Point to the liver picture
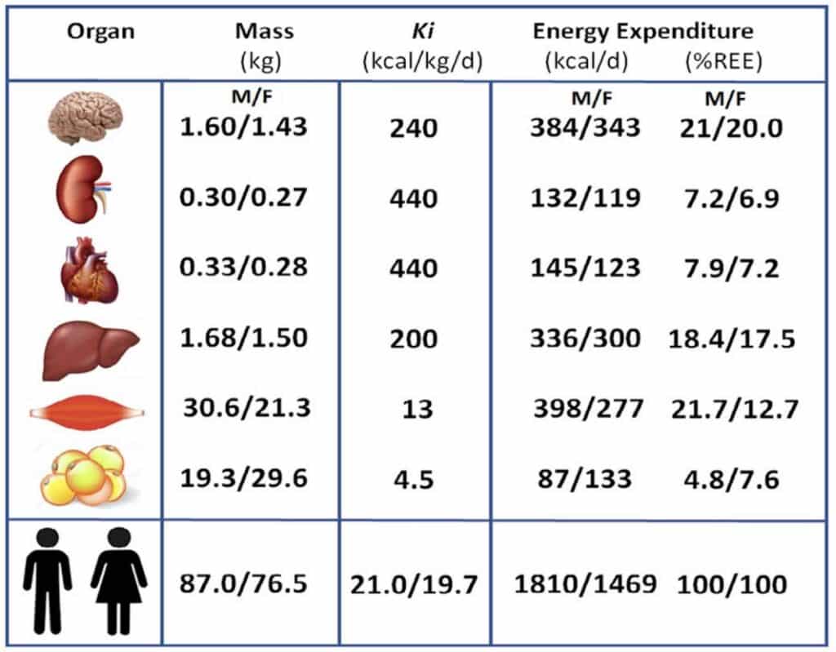(90, 350)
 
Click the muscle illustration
(87, 412)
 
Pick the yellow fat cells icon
(83, 476)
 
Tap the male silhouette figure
(47, 581)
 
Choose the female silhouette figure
(118, 581)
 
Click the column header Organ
(100, 32)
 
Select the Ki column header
(423, 32)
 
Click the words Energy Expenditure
(643, 32)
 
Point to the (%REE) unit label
(723, 61)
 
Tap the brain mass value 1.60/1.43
(243, 126)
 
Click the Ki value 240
(414, 128)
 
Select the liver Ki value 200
(414, 339)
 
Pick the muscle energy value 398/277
(589, 409)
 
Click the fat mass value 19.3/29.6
(243, 477)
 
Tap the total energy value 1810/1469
(585, 583)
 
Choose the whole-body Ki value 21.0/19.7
(414, 585)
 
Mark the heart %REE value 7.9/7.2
(731, 268)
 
